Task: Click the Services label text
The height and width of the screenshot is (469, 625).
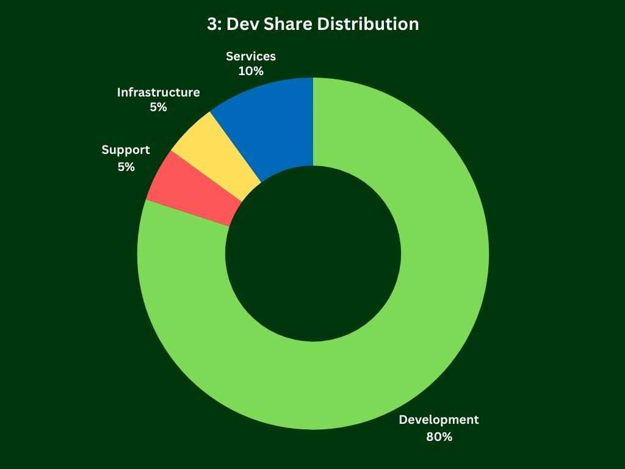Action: coord(251,56)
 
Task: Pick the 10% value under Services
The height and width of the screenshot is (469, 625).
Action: coord(251,71)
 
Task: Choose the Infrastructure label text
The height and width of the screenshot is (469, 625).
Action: coord(158,92)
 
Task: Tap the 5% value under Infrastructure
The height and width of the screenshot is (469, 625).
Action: coord(158,107)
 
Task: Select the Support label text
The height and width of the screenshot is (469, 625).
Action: coord(126,150)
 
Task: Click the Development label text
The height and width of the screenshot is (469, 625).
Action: coord(439,420)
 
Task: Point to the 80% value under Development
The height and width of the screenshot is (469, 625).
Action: coord(439,437)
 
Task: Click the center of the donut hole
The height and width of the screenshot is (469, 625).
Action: coord(313,253)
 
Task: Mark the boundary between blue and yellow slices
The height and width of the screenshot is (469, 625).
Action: coord(236,147)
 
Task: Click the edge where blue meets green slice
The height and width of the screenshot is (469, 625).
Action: coord(313,122)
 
